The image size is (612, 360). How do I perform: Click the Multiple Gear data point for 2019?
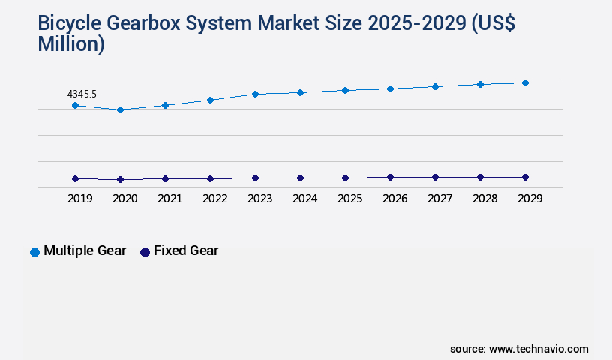tap(75, 106)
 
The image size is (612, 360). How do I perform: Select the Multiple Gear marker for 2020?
tap(120, 109)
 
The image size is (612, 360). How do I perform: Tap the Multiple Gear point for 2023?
tap(255, 94)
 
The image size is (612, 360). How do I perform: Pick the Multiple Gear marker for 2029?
tap(525, 82)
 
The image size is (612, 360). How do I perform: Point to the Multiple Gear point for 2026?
tap(390, 88)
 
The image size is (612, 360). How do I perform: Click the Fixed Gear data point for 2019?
tap(75, 178)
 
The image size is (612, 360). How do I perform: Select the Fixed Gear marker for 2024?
tap(300, 178)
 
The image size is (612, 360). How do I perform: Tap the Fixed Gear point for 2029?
tap(525, 177)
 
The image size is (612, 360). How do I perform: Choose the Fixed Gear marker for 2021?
tap(165, 178)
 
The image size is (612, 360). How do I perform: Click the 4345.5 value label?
tap(82, 94)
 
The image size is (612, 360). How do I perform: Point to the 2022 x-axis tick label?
tap(214, 199)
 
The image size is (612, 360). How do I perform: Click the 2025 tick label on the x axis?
tap(349, 199)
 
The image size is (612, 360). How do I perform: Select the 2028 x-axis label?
tap(484, 199)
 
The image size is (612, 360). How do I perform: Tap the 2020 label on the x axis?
tap(124, 199)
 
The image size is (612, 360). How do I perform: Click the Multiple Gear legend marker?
tap(34, 252)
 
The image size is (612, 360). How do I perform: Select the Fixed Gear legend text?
tap(186, 251)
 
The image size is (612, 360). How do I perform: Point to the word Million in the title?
tap(71, 44)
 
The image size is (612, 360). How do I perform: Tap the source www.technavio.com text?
tap(519, 349)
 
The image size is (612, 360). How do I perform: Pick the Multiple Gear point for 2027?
tap(435, 86)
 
